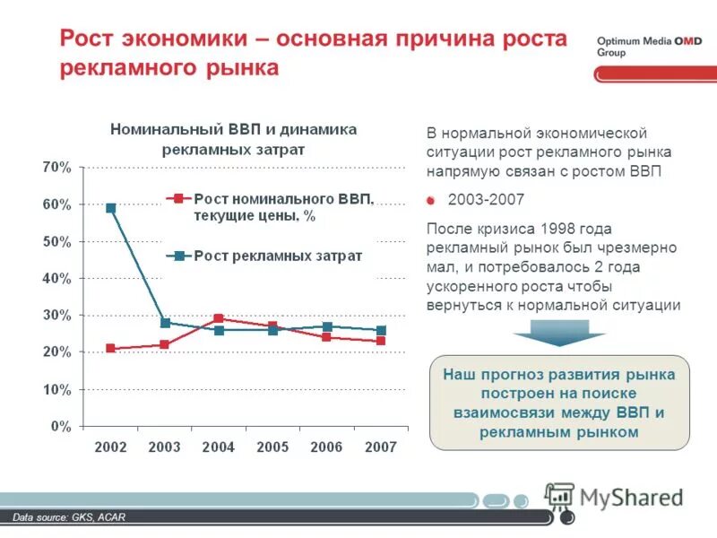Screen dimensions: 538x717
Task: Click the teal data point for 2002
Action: [110, 208]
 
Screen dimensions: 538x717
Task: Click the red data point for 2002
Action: [110, 349]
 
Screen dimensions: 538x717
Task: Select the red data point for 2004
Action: [220, 318]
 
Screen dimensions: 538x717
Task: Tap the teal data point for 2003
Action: [165, 323]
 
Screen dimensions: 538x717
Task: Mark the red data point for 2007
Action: [382, 341]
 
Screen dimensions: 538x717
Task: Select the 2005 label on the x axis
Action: [272, 447]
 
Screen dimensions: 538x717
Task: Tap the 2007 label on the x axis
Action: [381, 447]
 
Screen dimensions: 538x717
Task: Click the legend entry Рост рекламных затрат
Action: [278, 256]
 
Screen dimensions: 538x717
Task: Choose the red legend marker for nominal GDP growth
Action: [178, 198]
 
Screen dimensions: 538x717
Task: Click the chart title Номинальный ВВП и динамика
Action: [233, 129]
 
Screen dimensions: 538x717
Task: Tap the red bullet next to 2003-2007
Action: [431, 200]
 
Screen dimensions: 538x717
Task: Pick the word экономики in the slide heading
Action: [185, 39]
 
